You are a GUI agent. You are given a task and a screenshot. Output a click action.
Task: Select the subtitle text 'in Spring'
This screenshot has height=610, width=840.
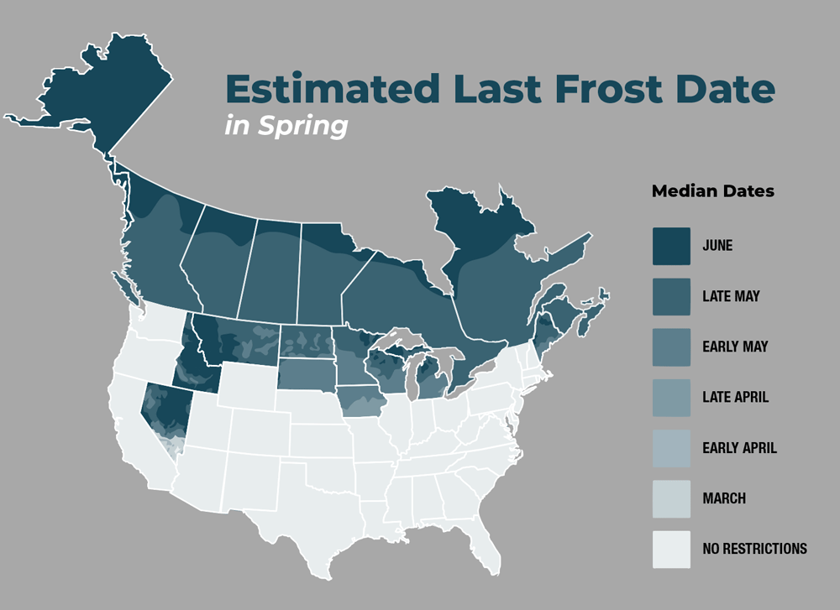pyautogui.click(x=286, y=125)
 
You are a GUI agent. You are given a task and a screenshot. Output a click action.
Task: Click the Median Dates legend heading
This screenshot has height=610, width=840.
pyautogui.click(x=712, y=191)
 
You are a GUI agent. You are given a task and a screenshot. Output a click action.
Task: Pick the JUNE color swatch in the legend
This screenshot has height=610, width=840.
pyautogui.click(x=671, y=246)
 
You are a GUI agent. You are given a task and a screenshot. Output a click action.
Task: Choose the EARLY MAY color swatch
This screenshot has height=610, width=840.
pyautogui.click(x=671, y=347)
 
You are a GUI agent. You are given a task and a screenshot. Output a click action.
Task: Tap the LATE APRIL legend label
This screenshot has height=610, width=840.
pyautogui.click(x=735, y=397)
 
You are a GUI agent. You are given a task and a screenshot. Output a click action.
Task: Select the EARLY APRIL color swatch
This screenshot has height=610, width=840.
pyautogui.click(x=671, y=448)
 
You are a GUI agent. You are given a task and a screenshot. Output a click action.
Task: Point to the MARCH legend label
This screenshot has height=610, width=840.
pyautogui.click(x=724, y=498)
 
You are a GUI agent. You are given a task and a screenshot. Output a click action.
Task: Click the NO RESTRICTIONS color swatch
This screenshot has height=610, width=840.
pyautogui.click(x=671, y=550)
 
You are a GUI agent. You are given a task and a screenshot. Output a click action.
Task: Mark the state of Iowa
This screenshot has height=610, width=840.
pyautogui.click(x=361, y=401)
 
